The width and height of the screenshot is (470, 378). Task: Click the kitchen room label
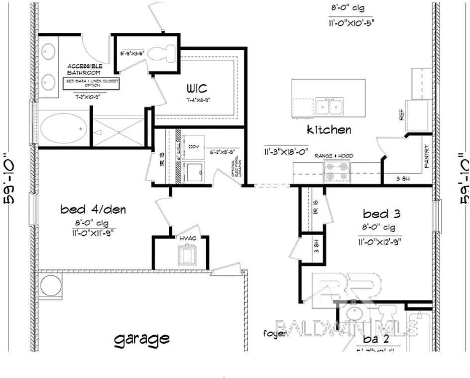pos(329,130)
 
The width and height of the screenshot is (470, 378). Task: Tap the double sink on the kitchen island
pos(329,106)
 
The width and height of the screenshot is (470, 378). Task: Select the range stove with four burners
pos(336,171)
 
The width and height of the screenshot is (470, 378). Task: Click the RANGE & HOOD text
pos(334,156)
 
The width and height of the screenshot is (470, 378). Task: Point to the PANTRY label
pos(426,156)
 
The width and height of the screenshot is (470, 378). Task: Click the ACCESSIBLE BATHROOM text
pos(85,69)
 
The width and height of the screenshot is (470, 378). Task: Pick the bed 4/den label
pos(93,210)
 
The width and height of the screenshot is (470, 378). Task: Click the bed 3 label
pos(382,214)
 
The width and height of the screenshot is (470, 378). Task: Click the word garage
pos(142,339)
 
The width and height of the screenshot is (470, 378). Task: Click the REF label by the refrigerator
pos(401,116)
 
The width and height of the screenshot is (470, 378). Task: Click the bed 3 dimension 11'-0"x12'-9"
pos(379,243)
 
